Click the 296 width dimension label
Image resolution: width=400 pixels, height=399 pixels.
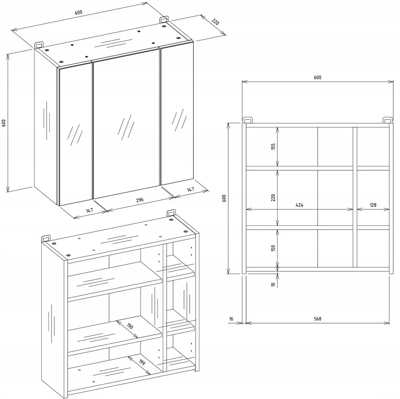pos(140,200)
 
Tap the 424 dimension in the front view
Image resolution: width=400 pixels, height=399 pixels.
pos(300,205)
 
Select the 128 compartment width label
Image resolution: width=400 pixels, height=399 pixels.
pos(373,205)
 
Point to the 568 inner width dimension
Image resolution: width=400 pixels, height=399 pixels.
pos(318,319)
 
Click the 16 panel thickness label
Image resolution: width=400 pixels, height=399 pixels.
pos(231,319)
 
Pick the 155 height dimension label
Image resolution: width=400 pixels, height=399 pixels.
pos(273,146)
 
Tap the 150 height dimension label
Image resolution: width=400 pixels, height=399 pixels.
pos(273,248)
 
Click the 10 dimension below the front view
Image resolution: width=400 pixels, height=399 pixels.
pos(273,284)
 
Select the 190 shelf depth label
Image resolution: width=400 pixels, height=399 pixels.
pos(130,326)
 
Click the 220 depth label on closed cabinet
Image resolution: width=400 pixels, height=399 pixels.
pos(216,22)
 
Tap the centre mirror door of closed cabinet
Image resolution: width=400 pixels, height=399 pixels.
pos(127,124)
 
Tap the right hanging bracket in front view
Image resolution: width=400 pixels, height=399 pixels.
pos(388,120)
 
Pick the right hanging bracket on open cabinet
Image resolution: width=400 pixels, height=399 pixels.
pos(171,213)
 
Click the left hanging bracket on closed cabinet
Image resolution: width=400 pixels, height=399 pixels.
pos(39,44)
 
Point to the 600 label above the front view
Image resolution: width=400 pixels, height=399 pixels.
pos(318,77)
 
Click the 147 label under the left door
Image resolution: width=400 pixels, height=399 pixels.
pos(89,211)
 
